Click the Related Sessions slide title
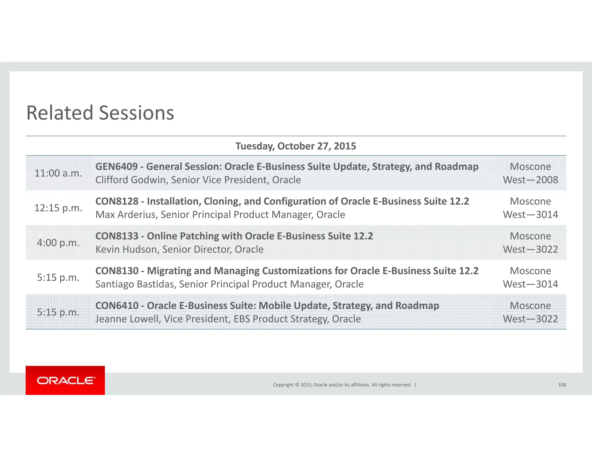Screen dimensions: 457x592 click(100, 113)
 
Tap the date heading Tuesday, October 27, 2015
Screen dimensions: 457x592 click(296, 146)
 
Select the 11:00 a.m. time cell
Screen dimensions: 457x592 click(58, 173)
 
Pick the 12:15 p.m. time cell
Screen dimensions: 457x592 click(58, 208)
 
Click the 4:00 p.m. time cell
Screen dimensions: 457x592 click(58, 243)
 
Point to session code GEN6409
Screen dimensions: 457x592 click(116, 167)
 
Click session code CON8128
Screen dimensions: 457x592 click(117, 201)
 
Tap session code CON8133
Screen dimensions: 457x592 click(117, 236)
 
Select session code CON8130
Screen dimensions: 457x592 click(117, 271)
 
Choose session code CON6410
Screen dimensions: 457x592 click(117, 306)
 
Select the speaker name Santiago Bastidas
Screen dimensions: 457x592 click(135, 284)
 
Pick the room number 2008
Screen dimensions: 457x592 click(547, 180)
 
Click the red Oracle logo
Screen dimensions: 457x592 click(65, 380)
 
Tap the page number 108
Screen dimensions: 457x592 click(562, 385)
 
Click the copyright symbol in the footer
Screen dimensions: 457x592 click(297, 385)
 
